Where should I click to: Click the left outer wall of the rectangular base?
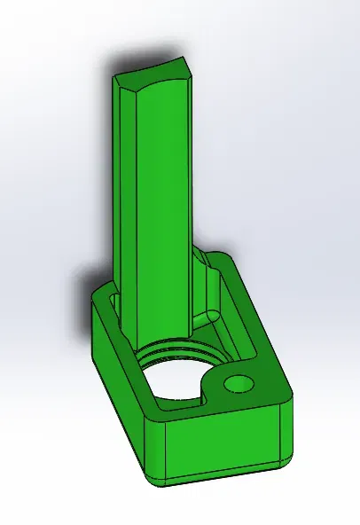click(x=120, y=372)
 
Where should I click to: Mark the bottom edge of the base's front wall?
click(x=222, y=480)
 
